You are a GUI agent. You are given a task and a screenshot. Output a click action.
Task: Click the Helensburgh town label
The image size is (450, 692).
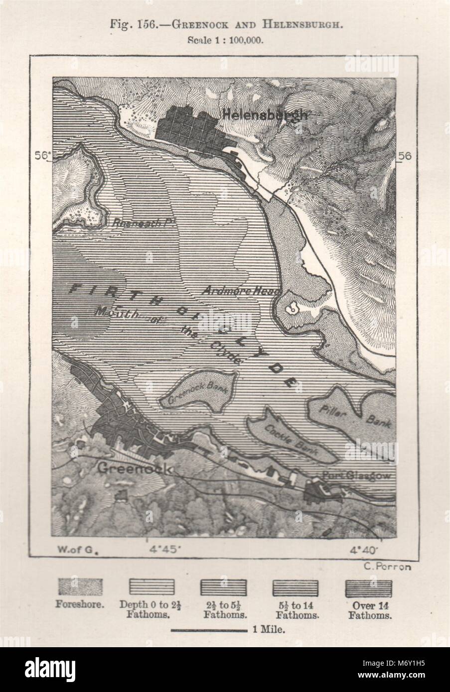point(264,115)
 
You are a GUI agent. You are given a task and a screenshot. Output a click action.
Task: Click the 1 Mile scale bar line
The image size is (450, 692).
point(209,631)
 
